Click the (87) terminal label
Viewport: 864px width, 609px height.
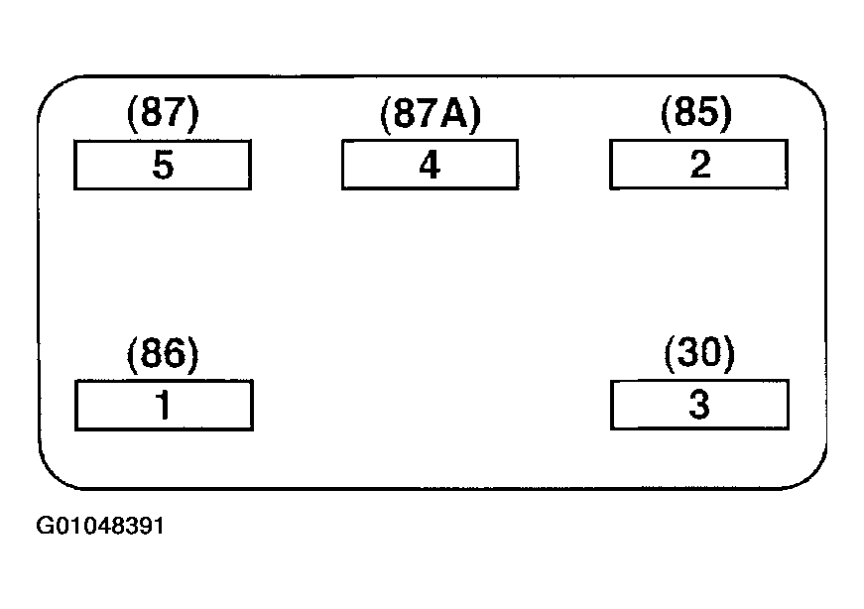163,113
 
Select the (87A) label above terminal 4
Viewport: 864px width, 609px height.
431,114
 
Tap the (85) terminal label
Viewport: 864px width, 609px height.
696,113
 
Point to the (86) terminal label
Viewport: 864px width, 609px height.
163,354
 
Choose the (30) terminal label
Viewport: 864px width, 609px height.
699,353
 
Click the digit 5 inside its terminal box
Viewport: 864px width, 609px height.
163,165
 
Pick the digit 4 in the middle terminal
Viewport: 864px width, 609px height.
430,165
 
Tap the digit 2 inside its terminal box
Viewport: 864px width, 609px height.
699,164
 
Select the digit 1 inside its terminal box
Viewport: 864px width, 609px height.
164,405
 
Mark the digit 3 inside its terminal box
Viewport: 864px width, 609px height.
699,404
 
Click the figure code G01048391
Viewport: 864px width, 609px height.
100,526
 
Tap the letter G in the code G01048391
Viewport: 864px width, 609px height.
44,526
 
